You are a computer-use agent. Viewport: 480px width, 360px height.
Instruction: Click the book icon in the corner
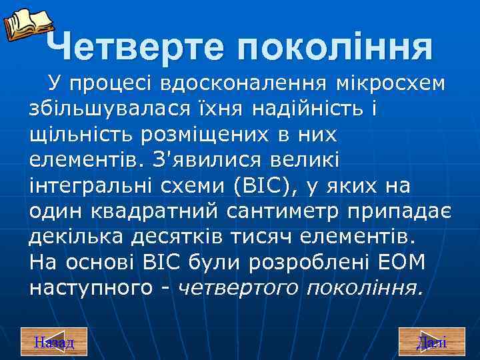[x=27, y=23]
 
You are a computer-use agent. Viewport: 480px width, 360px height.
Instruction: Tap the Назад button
[x=54, y=343]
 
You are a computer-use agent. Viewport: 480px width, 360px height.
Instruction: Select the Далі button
[x=431, y=343]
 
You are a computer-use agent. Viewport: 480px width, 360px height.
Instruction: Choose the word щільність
[x=81, y=135]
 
